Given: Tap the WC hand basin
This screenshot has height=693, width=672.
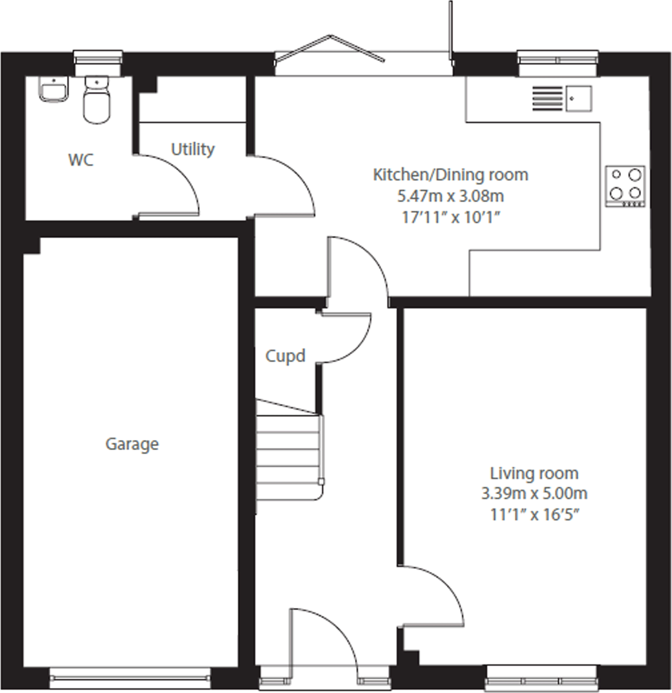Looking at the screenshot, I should click(x=53, y=90).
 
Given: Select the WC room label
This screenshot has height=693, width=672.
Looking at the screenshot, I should click(x=81, y=160).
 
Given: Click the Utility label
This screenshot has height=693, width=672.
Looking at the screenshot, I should click(x=193, y=149).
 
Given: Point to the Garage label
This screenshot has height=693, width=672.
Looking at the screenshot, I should click(x=132, y=444).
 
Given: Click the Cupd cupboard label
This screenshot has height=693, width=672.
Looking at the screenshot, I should click(x=285, y=356).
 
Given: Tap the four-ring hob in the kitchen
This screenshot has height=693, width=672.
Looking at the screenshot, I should click(x=625, y=186).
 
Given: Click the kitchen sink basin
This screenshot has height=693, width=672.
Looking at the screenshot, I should click(x=578, y=99).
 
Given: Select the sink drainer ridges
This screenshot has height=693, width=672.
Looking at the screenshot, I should click(x=547, y=99).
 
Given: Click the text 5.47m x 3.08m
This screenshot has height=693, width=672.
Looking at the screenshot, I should click(x=450, y=196).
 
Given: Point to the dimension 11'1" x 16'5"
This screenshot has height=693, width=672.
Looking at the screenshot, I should click(x=534, y=514).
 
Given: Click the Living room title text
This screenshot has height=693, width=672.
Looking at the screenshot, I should click(x=534, y=474).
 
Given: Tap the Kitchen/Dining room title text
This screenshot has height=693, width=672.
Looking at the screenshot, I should click(x=450, y=175).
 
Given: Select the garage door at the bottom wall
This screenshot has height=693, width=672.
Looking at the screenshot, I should click(x=130, y=677).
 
